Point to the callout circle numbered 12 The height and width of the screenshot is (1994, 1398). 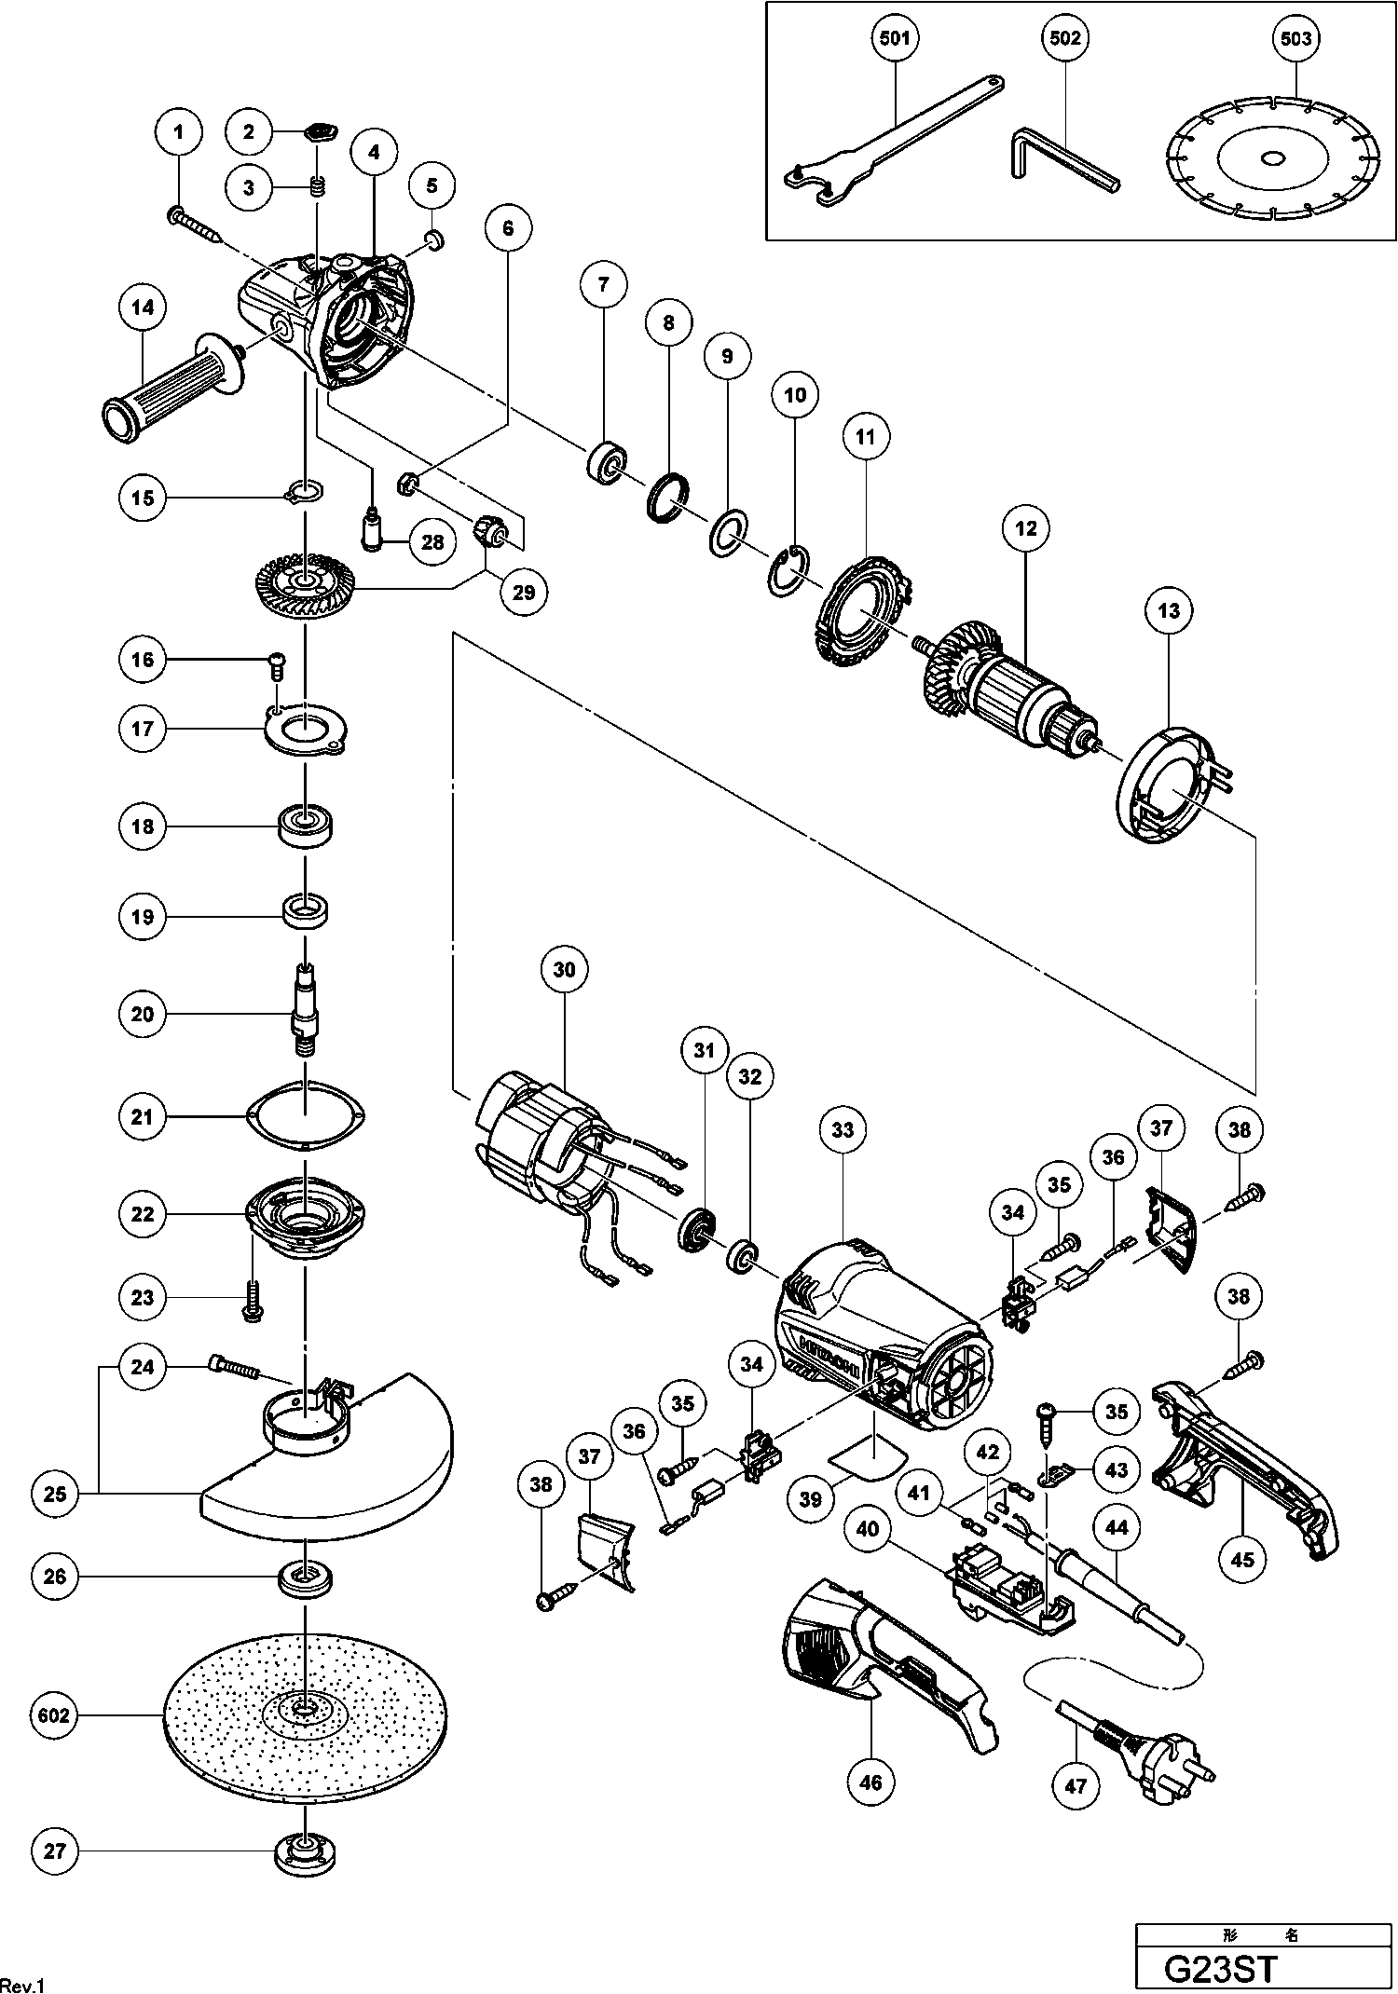(1026, 528)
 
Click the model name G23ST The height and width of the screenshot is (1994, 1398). (1221, 1969)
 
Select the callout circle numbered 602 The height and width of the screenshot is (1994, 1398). (54, 1715)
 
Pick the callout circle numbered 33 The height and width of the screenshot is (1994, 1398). (843, 1130)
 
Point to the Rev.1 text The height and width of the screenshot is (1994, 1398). (22, 1984)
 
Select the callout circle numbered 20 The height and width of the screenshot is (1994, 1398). (143, 1014)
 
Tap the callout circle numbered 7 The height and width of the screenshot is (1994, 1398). (603, 283)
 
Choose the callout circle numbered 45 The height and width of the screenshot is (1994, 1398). (1242, 1558)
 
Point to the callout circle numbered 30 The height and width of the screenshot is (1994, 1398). (565, 969)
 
